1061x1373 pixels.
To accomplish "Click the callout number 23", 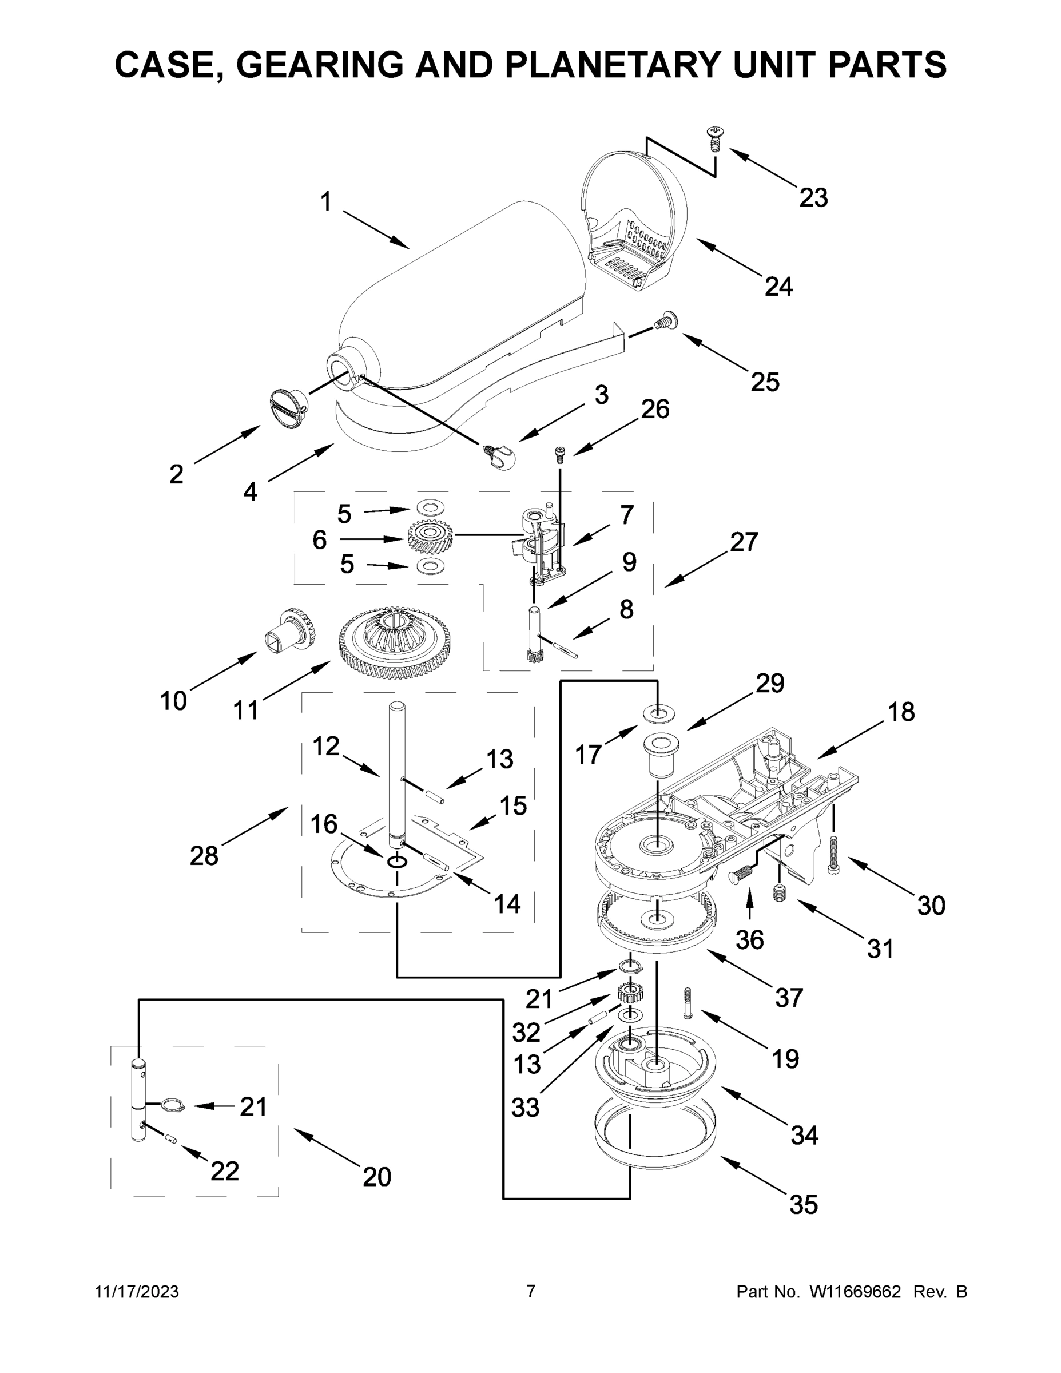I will pyautogui.click(x=813, y=197).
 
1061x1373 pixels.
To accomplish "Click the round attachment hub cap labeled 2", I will pyautogui.click(x=288, y=408).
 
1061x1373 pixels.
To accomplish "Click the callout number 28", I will pyautogui.click(x=204, y=856).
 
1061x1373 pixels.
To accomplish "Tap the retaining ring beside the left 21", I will pyautogui.click(x=172, y=1106).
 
